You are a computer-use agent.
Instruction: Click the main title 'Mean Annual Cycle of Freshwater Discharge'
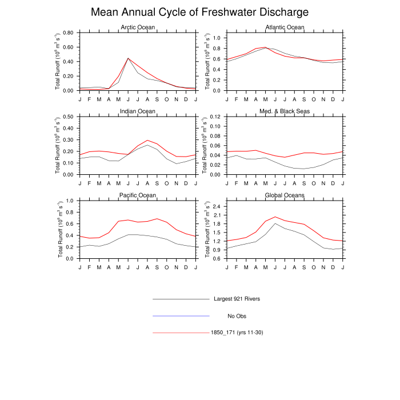coord(200,12)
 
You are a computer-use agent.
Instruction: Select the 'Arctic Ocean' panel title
coord(137,27)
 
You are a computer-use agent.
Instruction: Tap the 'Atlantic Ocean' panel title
coord(285,27)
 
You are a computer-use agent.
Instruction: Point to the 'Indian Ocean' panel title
coord(137,111)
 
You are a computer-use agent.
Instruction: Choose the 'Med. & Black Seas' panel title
coord(285,111)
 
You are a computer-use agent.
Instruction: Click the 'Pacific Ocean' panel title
coord(137,195)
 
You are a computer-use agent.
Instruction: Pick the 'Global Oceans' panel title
coord(285,195)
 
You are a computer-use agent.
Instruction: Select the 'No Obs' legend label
coord(237,315)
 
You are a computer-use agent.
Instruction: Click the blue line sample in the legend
coord(181,315)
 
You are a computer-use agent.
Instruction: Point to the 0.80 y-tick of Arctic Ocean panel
coord(68,33)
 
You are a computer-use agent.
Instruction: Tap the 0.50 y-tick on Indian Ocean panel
coord(68,117)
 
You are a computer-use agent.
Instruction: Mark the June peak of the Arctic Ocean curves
coord(128,58)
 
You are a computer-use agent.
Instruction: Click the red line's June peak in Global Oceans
coord(275,217)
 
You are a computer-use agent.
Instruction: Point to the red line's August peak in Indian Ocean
coord(147,140)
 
